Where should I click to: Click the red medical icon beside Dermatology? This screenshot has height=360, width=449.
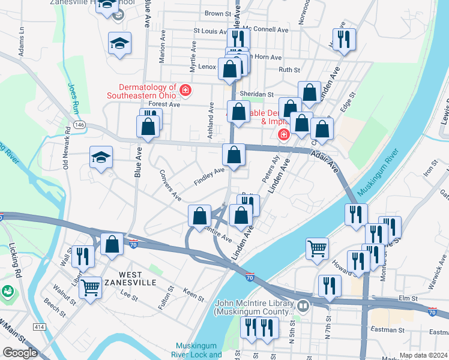pos(185,91)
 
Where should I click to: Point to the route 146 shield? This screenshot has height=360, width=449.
pos(80,124)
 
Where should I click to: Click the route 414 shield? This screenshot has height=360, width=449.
pos(39,326)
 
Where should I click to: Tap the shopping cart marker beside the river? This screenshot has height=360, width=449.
pos(317,247)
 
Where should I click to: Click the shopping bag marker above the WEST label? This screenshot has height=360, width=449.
pos(112,244)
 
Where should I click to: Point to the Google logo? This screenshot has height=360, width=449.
pos(20,353)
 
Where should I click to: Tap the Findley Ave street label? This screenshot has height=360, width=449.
pos(208,176)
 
